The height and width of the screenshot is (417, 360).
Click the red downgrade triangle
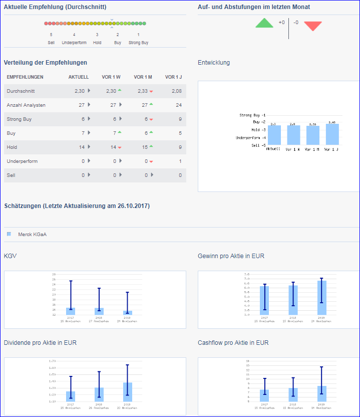(x=312, y=26)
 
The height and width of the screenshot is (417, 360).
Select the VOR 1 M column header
(x=143, y=77)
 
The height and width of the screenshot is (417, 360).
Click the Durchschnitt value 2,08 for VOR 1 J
(x=176, y=91)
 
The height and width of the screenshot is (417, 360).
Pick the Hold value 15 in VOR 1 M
(x=144, y=147)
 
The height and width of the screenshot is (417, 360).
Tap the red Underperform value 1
(x=180, y=161)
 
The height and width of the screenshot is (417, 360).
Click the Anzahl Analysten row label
(x=26, y=105)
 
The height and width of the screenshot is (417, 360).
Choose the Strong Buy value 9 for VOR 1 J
(x=180, y=119)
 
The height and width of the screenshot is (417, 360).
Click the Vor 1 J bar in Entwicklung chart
(x=332, y=134)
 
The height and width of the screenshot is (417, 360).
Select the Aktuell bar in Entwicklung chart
(x=274, y=135)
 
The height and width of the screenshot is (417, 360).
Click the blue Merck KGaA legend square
(x=9, y=234)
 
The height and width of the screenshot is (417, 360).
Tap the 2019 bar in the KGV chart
(x=127, y=313)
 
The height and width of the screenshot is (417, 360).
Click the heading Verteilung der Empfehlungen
(x=46, y=63)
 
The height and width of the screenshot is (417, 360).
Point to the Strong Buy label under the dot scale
(x=138, y=43)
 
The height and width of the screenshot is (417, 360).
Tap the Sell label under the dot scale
(x=51, y=43)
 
